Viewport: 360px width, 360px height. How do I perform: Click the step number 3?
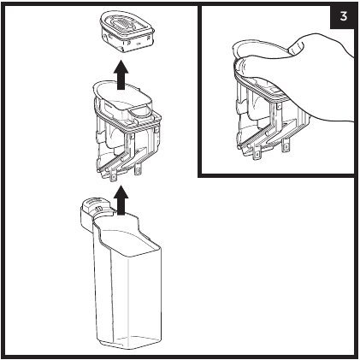tap(344, 16)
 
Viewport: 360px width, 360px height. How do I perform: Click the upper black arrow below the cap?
tap(121, 74)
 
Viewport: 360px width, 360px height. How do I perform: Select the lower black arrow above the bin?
tap(121, 199)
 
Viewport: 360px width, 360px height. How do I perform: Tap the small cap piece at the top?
tap(127, 33)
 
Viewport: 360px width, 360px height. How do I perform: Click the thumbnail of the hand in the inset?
tap(296, 46)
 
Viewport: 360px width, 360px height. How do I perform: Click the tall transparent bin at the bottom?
tap(121, 272)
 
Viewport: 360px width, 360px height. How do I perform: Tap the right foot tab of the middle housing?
tap(138, 170)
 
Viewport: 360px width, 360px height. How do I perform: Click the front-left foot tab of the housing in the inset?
tap(257, 154)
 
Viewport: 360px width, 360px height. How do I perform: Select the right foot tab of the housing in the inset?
tap(286, 146)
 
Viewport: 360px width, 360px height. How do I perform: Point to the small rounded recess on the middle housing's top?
tap(139, 112)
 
